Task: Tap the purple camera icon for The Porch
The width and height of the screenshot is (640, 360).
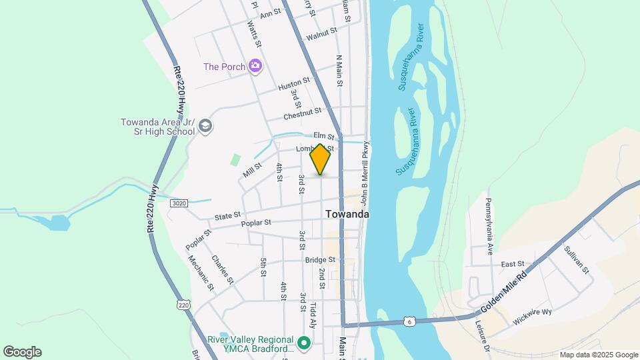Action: pyautogui.click(x=254, y=66)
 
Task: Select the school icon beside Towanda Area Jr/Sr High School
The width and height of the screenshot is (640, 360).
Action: pyautogui.click(x=205, y=126)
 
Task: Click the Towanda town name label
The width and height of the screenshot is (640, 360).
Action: pyautogui.click(x=347, y=215)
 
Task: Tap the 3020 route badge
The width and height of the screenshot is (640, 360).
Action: pyautogui.click(x=178, y=203)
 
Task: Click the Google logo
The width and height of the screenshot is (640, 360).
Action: pyautogui.click(x=22, y=352)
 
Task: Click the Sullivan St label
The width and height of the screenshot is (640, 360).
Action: pyautogui.click(x=577, y=260)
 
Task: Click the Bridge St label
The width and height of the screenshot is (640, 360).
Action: pyautogui.click(x=319, y=260)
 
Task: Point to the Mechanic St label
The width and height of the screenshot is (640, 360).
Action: pyautogui.click(x=200, y=273)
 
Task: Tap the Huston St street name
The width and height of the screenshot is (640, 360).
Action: pyautogui.click(x=294, y=84)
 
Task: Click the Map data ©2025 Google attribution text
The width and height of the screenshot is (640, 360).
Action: pyautogui.click(x=599, y=355)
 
